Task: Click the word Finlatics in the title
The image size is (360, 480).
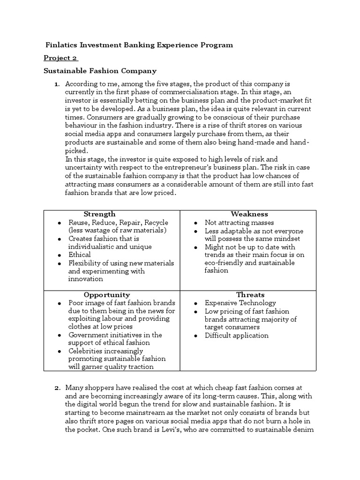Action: pos(62,45)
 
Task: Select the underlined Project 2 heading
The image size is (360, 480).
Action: pos(60,58)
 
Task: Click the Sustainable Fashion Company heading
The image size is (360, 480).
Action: pos(100,71)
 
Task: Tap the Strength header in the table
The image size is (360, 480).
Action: pos(99,214)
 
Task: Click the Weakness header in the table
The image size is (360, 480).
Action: pos(249,214)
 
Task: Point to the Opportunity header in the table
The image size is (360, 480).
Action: pos(107,295)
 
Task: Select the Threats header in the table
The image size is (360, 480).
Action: pos(250,295)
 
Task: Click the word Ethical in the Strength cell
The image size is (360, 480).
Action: pos(80,255)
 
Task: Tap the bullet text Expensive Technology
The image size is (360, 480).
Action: pos(240,303)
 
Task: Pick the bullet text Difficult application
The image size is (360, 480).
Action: pos(237,336)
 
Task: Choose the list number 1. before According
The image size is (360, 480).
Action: pos(56,84)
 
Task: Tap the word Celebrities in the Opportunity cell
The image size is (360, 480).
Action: pos(86,351)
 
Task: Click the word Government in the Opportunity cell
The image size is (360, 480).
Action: pos(88,335)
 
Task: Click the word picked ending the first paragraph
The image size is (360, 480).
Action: pos(75,151)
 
